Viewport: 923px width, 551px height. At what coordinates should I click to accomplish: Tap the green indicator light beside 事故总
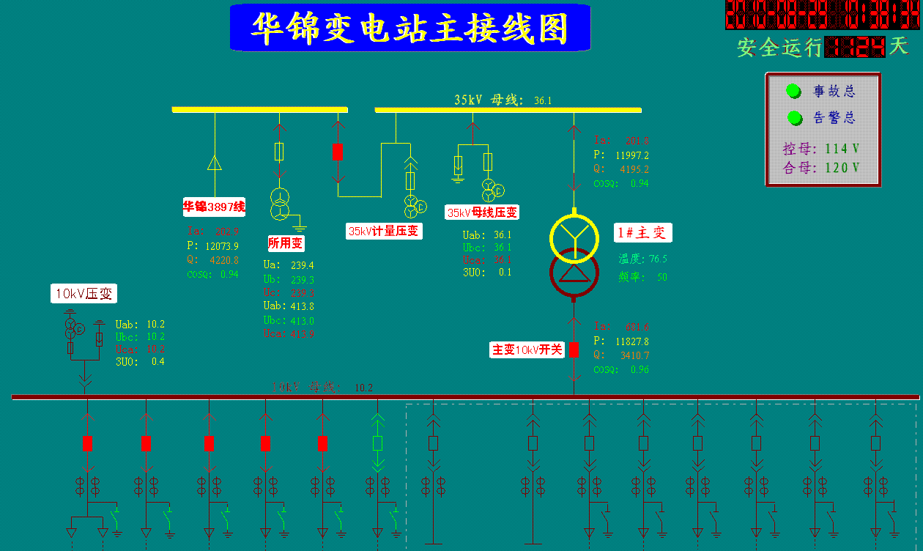click(x=793, y=91)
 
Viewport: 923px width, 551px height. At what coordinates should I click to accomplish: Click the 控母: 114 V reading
click(x=821, y=149)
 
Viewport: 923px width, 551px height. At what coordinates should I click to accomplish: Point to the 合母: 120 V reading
click(x=821, y=168)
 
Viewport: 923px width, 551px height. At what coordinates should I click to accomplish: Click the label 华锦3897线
click(x=214, y=207)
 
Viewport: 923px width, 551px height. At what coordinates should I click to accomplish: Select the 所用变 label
click(x=286, y=243)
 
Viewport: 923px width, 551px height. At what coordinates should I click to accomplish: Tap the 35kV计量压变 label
click(x=385, y=231)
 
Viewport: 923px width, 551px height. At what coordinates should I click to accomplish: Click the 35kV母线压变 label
click(x=482, y=212)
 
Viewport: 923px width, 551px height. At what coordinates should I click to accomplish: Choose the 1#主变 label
click(x=643, y=233)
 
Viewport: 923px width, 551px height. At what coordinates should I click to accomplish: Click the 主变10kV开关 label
click(x=527, y=350)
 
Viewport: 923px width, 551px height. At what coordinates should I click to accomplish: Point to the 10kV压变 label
click(x=84, y=294)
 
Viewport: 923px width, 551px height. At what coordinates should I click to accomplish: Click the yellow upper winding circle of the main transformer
click(x=574, y=235)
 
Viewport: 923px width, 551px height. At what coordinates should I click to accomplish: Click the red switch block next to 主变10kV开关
click(x=574, y=350)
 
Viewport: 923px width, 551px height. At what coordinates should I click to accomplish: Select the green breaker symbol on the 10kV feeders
click(x=377, y=443)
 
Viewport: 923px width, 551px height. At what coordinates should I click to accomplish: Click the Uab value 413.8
click(x=302, y=306)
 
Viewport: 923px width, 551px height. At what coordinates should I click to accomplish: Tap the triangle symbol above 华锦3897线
click(x=215, y=163)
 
